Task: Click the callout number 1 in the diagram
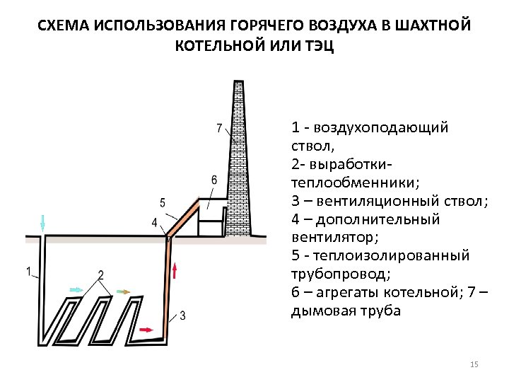[x=28, y=271]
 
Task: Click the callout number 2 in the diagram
[x=101, y=274]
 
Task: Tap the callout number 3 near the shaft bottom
[x=183, y=314]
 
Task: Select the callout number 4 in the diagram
[x=154, y=223]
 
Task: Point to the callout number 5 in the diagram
[x=163, y=203]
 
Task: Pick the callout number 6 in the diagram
[x=213, y=180]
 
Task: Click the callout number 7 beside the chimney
[x=219, y=128]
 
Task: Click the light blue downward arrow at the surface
[x=43, y=223]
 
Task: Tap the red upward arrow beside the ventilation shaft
[x=176, y=270]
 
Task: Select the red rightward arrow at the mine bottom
[x=146, y=330]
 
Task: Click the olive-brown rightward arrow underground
[x=122, y=291]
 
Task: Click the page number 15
[x=474, y=364]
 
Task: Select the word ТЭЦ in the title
[x=319, y=47]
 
